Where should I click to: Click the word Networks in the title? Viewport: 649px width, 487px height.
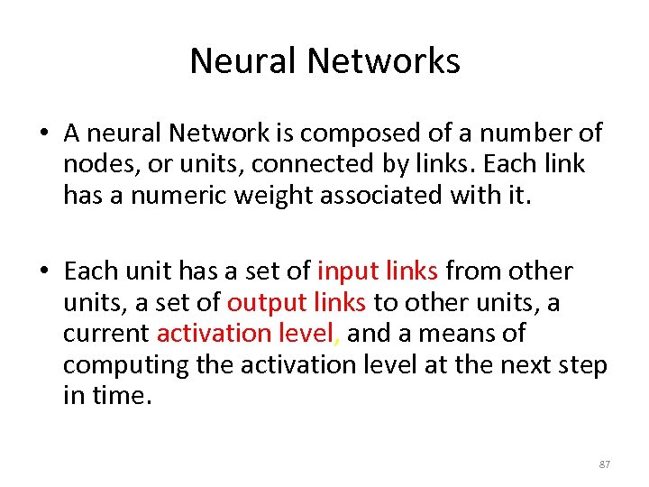click(384, 61)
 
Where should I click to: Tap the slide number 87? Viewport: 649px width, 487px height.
click(604, 464)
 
